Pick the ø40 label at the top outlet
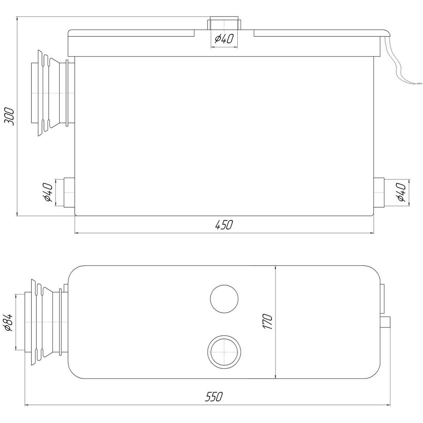click(x=224, y=39)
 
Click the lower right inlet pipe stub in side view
click(x=378, y=192)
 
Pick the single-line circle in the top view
click(x=224, y=299)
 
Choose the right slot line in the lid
click(x=317, y=33)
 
